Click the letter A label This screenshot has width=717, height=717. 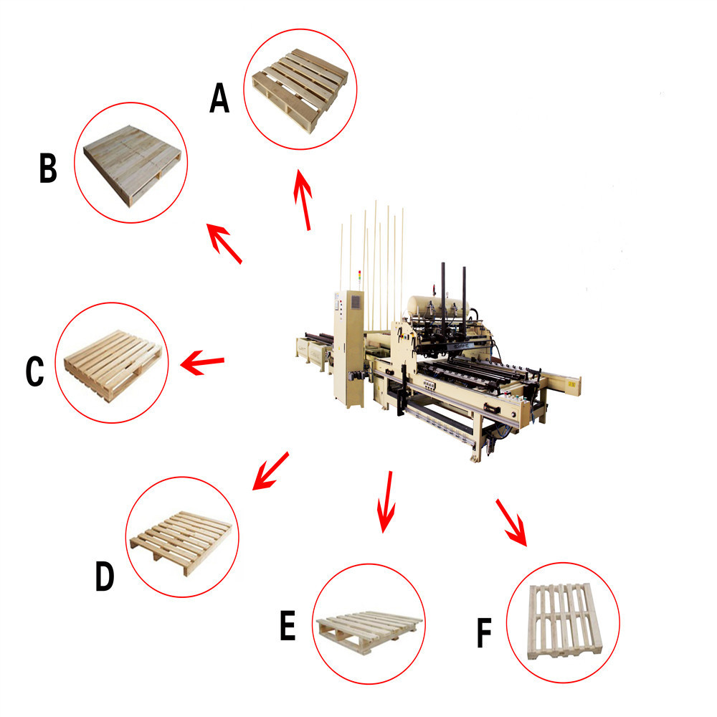click(x=219, y=98)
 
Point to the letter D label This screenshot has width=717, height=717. click(x=105, y=576)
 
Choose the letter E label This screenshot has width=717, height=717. click(x=287, y=625)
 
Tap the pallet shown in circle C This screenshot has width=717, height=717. click(x=113, y=361)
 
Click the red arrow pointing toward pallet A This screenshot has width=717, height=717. click(x=303, y=201)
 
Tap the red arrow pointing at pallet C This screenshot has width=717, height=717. click(x=202, y=362)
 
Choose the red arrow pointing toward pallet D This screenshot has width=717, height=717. click(x=270, y=471)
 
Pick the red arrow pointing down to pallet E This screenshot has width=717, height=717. click(x=387, y=501)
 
